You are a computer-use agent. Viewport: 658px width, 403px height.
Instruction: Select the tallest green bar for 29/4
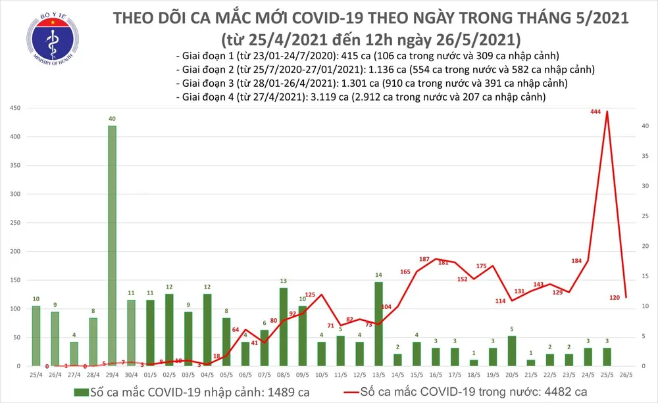pos(112,245)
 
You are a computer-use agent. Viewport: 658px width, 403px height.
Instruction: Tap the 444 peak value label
pos(597,112)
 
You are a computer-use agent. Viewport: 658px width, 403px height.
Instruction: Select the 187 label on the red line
pos(424,260)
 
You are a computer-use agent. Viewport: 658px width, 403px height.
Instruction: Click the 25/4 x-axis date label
pos(36,375)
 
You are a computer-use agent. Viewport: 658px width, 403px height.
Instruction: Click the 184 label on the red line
pos(576,262)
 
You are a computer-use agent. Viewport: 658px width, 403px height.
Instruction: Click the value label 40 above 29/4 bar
pos(112,119)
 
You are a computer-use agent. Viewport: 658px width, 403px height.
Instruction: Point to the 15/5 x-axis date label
pos(417,375)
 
